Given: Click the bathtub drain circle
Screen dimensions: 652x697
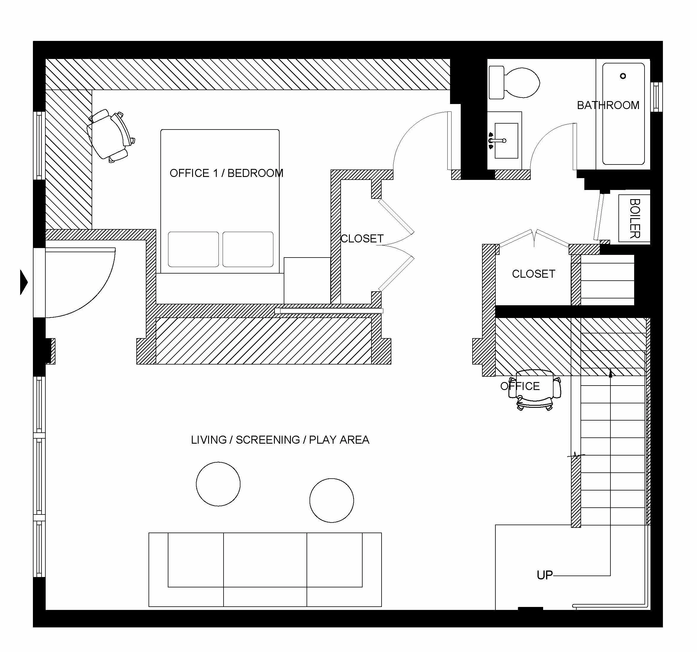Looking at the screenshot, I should coord(623,76).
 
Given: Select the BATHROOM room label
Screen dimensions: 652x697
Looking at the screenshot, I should coord(608,105).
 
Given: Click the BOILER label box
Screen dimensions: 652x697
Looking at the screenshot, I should coord(634,218).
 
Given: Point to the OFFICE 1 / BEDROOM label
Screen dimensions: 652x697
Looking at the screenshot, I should coord(226,173).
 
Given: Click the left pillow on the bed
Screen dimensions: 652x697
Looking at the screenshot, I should coord(193,249).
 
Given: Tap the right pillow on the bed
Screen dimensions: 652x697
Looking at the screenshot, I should coord(248,249).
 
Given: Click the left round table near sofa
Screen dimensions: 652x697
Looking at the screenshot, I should coord(218,484).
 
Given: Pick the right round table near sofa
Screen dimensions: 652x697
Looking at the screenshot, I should coord(331,500).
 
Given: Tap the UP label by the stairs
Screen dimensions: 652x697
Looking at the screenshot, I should coord(545,575).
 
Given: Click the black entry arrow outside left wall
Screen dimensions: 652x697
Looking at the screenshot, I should coord(23,282).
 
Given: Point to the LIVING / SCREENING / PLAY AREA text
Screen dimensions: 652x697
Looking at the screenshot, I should coord(280,440).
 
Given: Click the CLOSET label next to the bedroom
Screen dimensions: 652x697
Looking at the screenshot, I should coord(362,239).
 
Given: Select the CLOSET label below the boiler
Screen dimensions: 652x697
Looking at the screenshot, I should coord(533,274).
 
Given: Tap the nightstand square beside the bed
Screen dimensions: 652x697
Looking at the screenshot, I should coord(307,280).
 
